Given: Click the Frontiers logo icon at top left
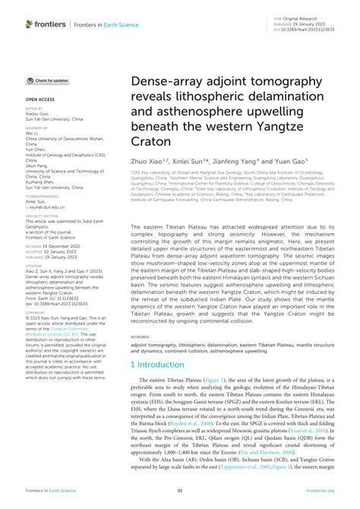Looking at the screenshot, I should pyautogui.click(x=30, y=24).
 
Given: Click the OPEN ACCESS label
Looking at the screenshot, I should pyautogui.click(x=39, y=99).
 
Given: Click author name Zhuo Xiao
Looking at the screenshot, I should pyautogui.click(x=146, y=160).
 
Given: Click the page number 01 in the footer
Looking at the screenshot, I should pyautogui.click(x=180, y=492).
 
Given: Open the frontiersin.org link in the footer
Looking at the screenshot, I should pyautogui.click(x=320, y=492).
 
